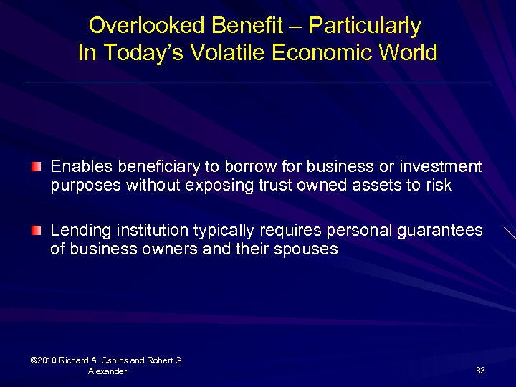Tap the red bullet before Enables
click(37, 167)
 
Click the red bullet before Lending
click(37, 231)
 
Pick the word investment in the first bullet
click(441, 167)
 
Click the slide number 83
click(480, 371)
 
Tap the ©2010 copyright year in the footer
click(44, 360)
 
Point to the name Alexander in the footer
click(107, 371)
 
